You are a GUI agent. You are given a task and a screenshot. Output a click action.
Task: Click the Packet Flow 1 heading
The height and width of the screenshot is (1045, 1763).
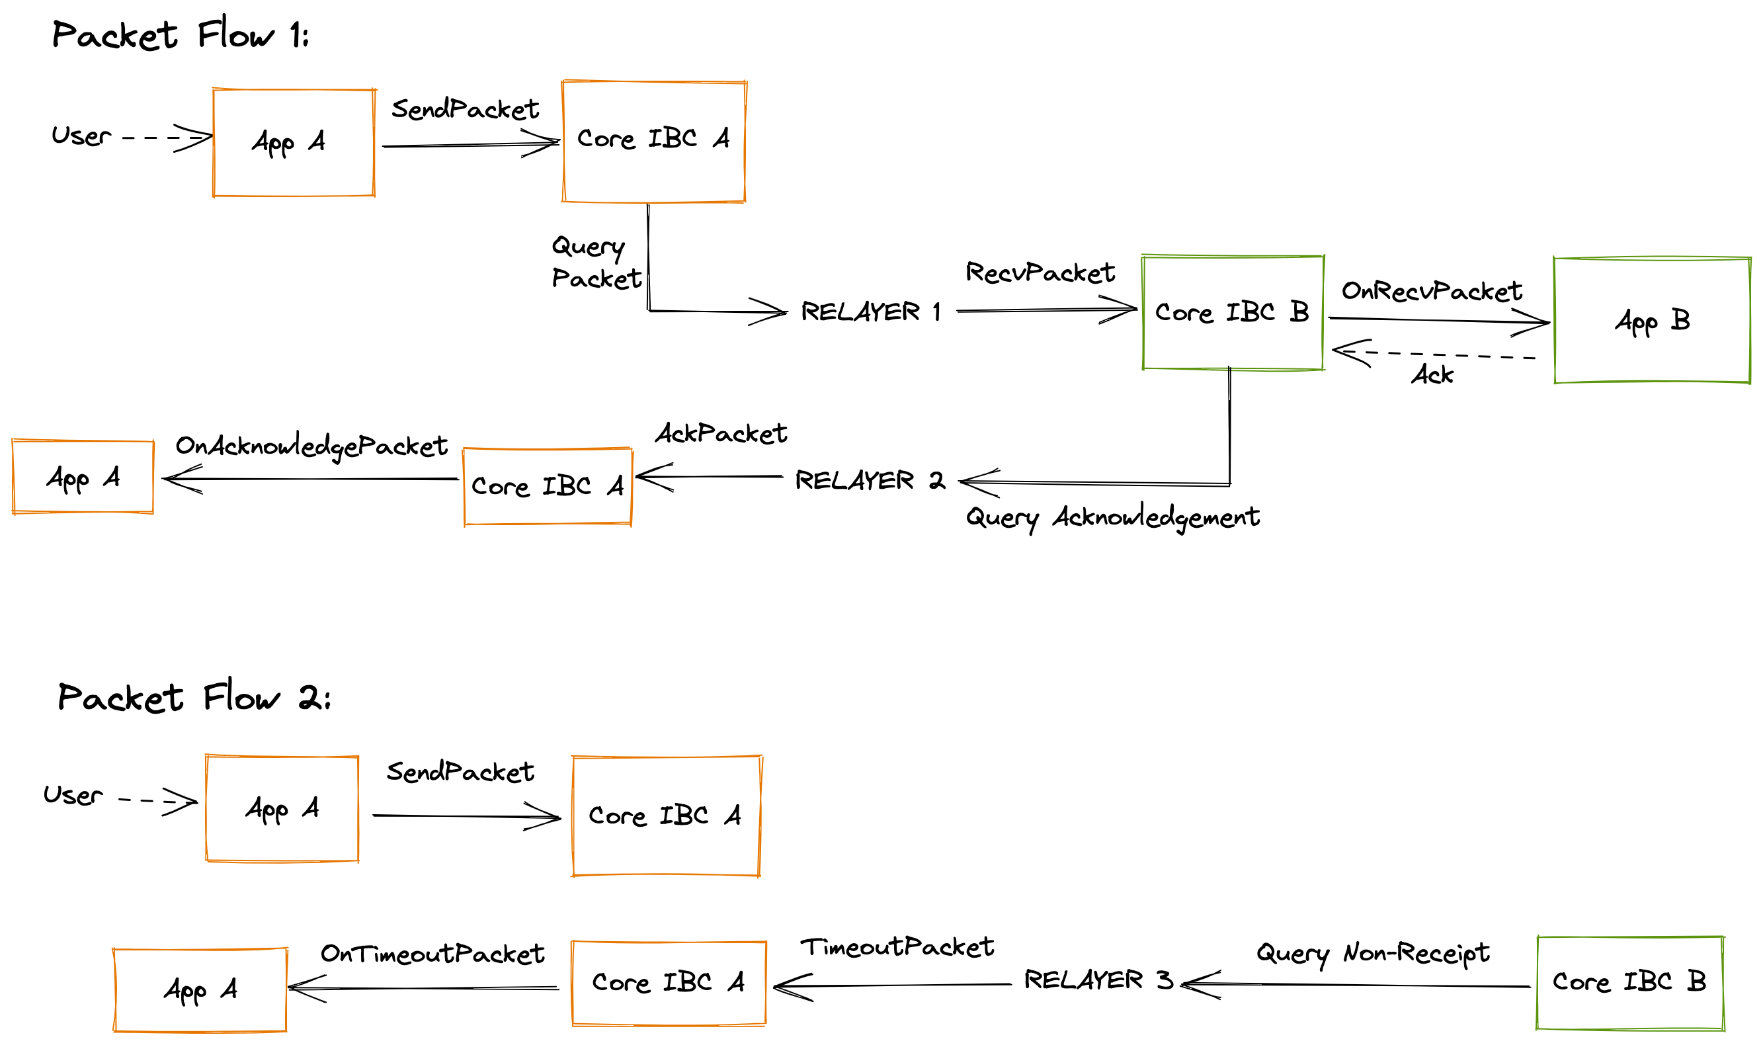pos(181,35)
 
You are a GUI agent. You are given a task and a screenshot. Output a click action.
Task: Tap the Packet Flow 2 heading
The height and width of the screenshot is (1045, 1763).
pos(194,698)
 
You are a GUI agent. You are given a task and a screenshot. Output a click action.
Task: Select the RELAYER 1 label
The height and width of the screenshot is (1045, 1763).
pos(870,312)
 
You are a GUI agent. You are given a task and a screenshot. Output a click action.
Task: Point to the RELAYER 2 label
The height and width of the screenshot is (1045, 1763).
pos(870,481)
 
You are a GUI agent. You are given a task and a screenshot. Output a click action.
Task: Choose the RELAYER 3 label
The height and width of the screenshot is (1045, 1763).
pos(1098,980)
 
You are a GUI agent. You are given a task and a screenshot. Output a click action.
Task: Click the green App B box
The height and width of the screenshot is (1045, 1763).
pos(1652,320)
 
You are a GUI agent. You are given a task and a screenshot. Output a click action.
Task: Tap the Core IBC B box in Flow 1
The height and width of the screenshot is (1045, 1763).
pos(1233,313)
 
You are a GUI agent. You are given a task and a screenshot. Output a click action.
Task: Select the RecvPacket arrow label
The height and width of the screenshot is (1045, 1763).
pos(1040,273)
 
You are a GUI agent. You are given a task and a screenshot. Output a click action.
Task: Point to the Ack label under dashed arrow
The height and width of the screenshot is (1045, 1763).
pos(1432,374)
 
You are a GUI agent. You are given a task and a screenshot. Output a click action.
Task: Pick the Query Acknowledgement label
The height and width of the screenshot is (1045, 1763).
pos(1112,519)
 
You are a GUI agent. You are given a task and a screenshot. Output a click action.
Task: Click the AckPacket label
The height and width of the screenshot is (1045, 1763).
pos(721,434)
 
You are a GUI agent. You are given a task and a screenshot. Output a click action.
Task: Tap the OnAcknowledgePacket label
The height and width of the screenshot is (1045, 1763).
pos(311,446)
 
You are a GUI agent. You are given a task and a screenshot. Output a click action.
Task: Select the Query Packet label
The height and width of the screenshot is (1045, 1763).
pos(596,263)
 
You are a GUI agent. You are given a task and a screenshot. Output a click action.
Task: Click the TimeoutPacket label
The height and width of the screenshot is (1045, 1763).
pos(897,948)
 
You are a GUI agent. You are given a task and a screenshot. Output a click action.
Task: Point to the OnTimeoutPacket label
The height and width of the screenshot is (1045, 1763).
pos(432,955)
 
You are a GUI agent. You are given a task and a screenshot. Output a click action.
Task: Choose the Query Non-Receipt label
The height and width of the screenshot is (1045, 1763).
pos(1373,954)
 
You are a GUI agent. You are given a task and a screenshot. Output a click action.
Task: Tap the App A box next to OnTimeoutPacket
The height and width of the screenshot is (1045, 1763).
pos(200,990)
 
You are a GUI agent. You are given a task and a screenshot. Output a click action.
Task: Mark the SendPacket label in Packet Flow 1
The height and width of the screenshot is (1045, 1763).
pos(465,110)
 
